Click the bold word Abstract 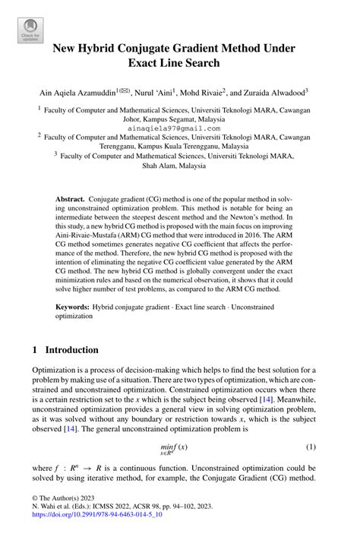70,197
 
